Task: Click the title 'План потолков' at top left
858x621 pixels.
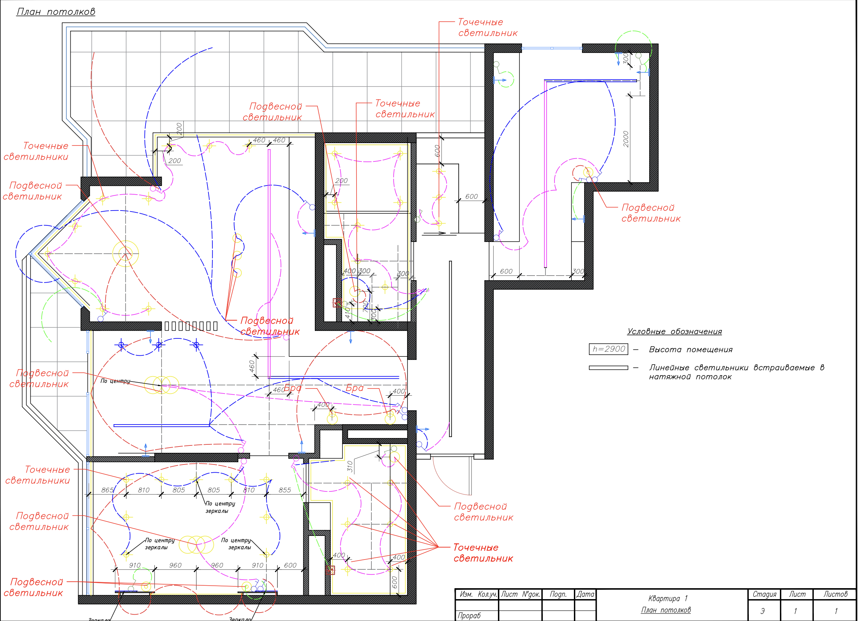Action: click(x=55, y=12)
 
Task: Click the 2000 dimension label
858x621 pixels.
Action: click(x=626, y=139)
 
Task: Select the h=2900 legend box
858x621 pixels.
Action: click(x=608, y=349)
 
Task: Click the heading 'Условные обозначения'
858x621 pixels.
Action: click(x=674, y=332)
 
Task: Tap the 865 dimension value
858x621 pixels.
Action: click(x=107, y=490)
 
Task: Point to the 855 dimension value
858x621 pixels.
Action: click(x=284, y=490)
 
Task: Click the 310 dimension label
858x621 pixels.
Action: click(x=350, y=467)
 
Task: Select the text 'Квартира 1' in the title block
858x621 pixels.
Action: click(x=668, y=598)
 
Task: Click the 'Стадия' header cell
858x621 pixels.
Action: click(x=764, y=595)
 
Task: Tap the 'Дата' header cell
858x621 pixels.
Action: click(x=585, y=595)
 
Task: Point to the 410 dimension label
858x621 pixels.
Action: click(x=348, y=313)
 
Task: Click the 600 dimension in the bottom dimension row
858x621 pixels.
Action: click(x=290, y=566)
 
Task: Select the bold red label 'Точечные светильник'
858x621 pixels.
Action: click(x=483, y=553)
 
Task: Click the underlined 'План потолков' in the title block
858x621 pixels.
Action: click(x=666, y=610)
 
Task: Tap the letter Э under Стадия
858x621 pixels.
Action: click(x=763, y=611)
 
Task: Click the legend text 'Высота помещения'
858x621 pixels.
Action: click(x=690, y=350)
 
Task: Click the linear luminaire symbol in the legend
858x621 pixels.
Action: click(x=608, y=368)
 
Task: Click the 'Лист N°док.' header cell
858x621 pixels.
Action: click(x=520, y=595)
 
